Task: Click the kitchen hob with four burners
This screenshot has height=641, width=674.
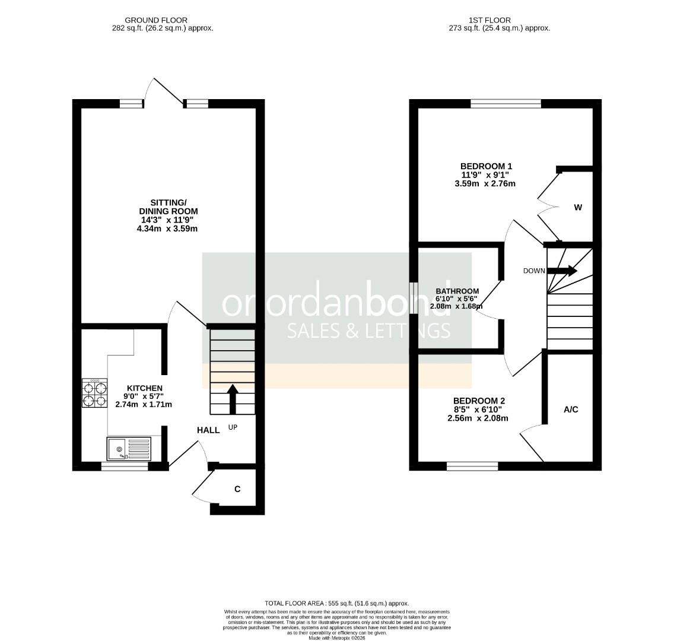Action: pos(95,393)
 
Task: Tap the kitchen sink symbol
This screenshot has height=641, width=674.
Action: pos(129,449)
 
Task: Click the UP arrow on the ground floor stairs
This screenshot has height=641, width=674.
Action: pos(232,399)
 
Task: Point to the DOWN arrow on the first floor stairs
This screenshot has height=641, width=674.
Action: pos(562,271)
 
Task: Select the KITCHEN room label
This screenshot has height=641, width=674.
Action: pos(144,388)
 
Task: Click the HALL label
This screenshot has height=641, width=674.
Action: pos(208,430)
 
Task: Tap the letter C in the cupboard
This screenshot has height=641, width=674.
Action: pos(237,489)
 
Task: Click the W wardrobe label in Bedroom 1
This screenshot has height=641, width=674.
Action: pos(578,208)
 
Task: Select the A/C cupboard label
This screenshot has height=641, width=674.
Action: pos(571,410)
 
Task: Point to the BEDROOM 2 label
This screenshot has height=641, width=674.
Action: pos(479,401)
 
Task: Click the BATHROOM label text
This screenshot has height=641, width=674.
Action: pos(457,291)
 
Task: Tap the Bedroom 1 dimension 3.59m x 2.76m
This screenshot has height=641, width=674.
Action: pos(485,183)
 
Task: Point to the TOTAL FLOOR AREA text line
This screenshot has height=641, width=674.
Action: pos(337,603)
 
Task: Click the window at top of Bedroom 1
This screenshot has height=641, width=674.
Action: pos(506,104)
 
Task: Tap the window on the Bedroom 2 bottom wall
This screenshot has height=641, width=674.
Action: pos(472,467)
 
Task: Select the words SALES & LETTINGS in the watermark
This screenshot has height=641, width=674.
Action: pos(368,331)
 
